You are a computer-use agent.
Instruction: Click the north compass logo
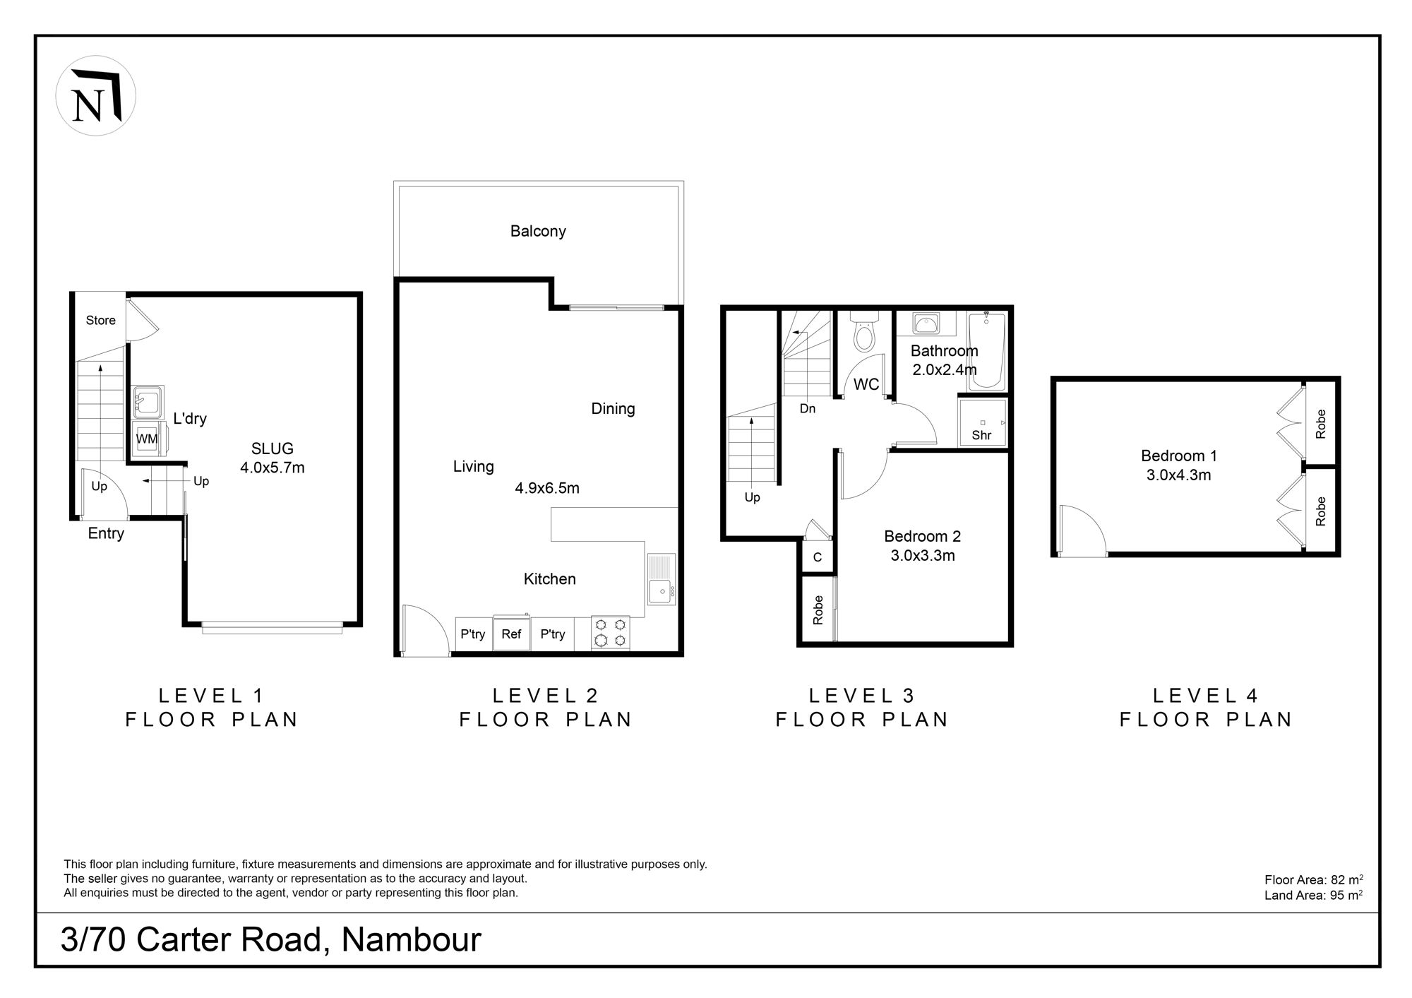[95, 96]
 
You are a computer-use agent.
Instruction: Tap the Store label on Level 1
[101, 321]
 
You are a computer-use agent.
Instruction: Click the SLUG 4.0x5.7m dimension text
[273, 468]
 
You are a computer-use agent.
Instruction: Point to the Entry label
[106, 534]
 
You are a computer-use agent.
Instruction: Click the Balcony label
[538, 232]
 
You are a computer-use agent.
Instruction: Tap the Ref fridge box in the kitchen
[511, 634]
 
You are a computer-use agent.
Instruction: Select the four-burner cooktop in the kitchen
[611, 633]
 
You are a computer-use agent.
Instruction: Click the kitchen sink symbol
[661, 579]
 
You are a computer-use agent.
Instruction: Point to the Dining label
[613, 409]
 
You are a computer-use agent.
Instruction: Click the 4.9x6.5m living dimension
[547, 488]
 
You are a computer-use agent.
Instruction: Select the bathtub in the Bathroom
[986, 351]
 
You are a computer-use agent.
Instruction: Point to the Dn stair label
[808, 408]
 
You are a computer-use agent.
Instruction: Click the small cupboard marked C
[818, 557]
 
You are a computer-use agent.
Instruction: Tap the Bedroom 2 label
[923, 537]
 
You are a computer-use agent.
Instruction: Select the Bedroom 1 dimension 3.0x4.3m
[1179, 475]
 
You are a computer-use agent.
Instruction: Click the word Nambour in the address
[412, 940]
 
